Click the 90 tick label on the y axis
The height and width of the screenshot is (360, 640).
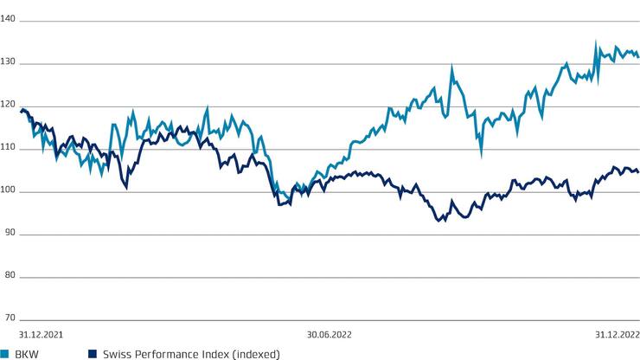[7, 235]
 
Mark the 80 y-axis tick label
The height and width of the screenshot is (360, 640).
[7, 277]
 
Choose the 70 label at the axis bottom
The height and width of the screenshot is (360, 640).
[7, 317]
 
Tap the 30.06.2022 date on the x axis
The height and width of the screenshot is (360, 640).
[328, 332]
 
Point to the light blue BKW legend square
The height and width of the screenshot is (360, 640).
[4, 353]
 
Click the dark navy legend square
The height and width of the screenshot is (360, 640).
[92, 353]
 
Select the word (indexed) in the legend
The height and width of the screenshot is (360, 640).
[254, 353]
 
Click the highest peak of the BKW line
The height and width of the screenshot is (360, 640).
[595, 41]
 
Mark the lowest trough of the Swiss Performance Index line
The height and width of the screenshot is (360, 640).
[439, 222]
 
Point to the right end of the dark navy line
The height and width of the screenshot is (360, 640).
[638, 172]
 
